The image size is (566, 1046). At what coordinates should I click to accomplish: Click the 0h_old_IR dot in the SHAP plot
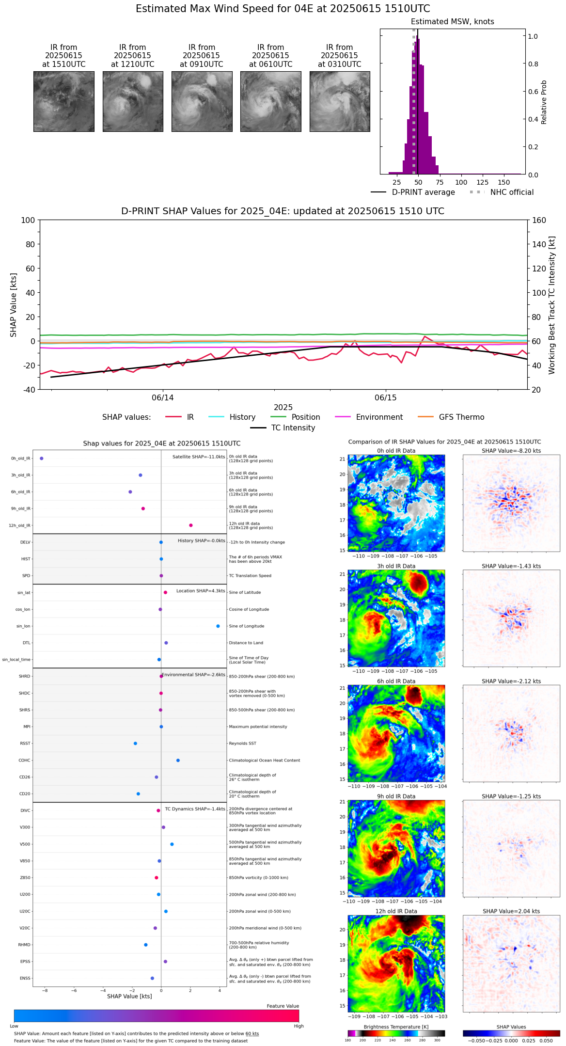point(42,458)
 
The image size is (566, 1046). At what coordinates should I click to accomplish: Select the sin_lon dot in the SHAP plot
point(218,626)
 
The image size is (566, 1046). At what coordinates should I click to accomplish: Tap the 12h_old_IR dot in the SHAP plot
point(191,525)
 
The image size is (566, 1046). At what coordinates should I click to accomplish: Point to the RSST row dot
point(135,743)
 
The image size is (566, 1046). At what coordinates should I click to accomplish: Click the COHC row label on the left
point(24,760)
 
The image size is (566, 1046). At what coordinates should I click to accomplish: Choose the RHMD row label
point(24,945)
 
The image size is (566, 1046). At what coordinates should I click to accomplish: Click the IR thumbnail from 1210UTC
point(133,101)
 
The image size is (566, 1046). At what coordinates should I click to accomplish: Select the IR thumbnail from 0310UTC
point(340,101)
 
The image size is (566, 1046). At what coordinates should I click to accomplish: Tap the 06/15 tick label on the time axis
point(386,398)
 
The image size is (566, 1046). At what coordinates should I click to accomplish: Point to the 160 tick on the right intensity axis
point(539,220)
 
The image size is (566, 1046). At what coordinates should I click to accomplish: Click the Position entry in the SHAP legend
point(306,417)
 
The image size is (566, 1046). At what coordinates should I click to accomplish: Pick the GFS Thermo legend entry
point(461,417)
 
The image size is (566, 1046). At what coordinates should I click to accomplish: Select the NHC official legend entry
point(512,192)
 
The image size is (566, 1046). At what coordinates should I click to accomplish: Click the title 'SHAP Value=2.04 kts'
point(511,911)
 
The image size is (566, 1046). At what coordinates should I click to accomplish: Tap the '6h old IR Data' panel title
point(396,681)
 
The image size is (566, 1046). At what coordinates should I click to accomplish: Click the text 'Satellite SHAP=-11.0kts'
point(199,457)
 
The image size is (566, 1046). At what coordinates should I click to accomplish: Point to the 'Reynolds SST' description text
point(243,743)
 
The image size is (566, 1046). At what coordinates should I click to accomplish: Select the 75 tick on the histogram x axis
point(440,182)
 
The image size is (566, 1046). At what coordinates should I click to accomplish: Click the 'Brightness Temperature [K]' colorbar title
point(396,1027)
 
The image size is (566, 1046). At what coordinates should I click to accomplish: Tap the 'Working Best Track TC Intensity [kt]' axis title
point(552,305)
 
